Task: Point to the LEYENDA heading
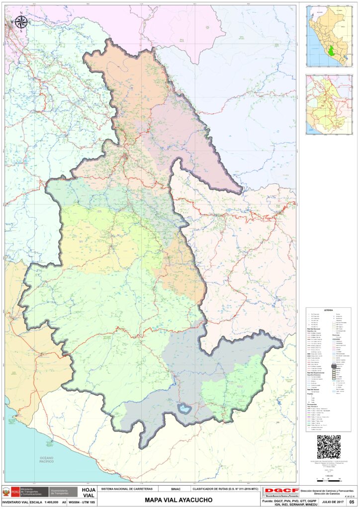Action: click(x=328, y=310)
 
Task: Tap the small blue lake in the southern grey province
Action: click(x=185, y=409)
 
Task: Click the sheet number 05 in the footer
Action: click(x=352, y=503)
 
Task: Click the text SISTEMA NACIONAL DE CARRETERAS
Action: click(x=128, y=489)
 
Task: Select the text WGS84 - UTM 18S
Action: click(x=82, y=503)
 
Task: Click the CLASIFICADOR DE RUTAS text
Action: click(x=225, y=489)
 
